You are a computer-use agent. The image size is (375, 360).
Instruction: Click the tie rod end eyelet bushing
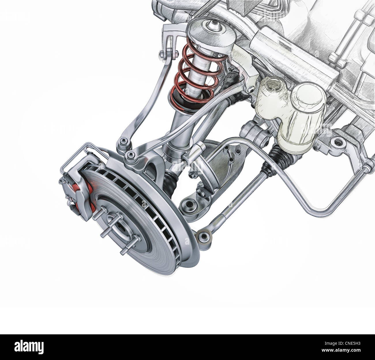click(203, 237)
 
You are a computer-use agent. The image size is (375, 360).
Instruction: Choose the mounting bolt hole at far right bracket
click(335, 142)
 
